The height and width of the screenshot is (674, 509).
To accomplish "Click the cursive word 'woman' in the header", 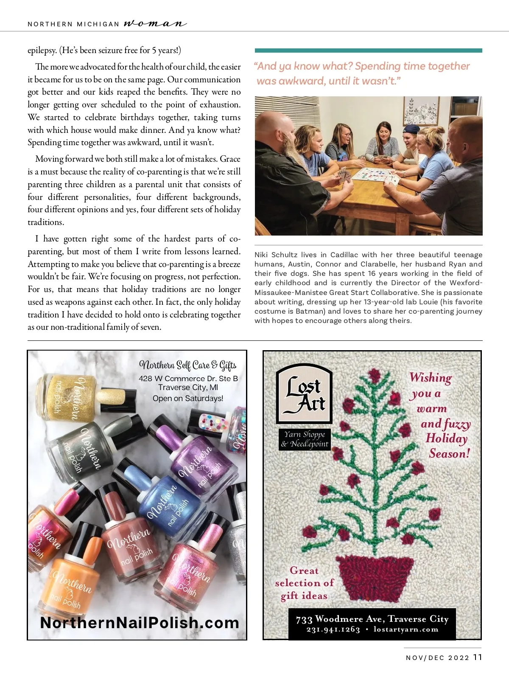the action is click(x=155, y=24).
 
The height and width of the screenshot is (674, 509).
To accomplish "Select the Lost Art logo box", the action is click(x=304, y=394).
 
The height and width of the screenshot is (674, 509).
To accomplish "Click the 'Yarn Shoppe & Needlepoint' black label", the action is click(x=305, y=439).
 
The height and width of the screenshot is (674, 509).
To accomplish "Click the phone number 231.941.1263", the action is click(x=333, y=629).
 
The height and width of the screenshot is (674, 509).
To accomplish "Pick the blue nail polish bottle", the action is click(x=162, y=491).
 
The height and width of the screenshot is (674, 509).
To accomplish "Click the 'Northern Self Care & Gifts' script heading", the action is click(x=188, y=365).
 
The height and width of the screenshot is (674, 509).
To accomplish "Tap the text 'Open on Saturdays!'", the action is click(x=188, y=398).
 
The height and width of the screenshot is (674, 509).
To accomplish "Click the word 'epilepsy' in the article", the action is click(x=42, y=51).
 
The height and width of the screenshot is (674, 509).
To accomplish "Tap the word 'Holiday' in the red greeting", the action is click(x=446, y=438).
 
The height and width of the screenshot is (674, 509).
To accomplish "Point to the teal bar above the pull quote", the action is click(x=369, y=51).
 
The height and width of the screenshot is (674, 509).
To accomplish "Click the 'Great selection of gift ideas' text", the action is click(x=305, y=583).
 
